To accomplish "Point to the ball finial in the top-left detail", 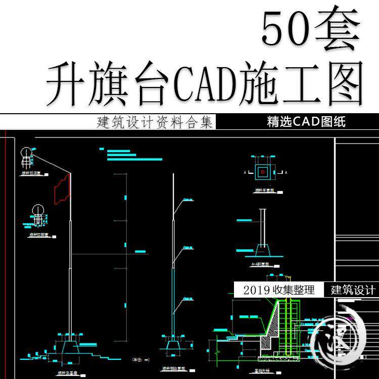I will coord(26,153).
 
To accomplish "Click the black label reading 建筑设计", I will coord(353,290).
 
